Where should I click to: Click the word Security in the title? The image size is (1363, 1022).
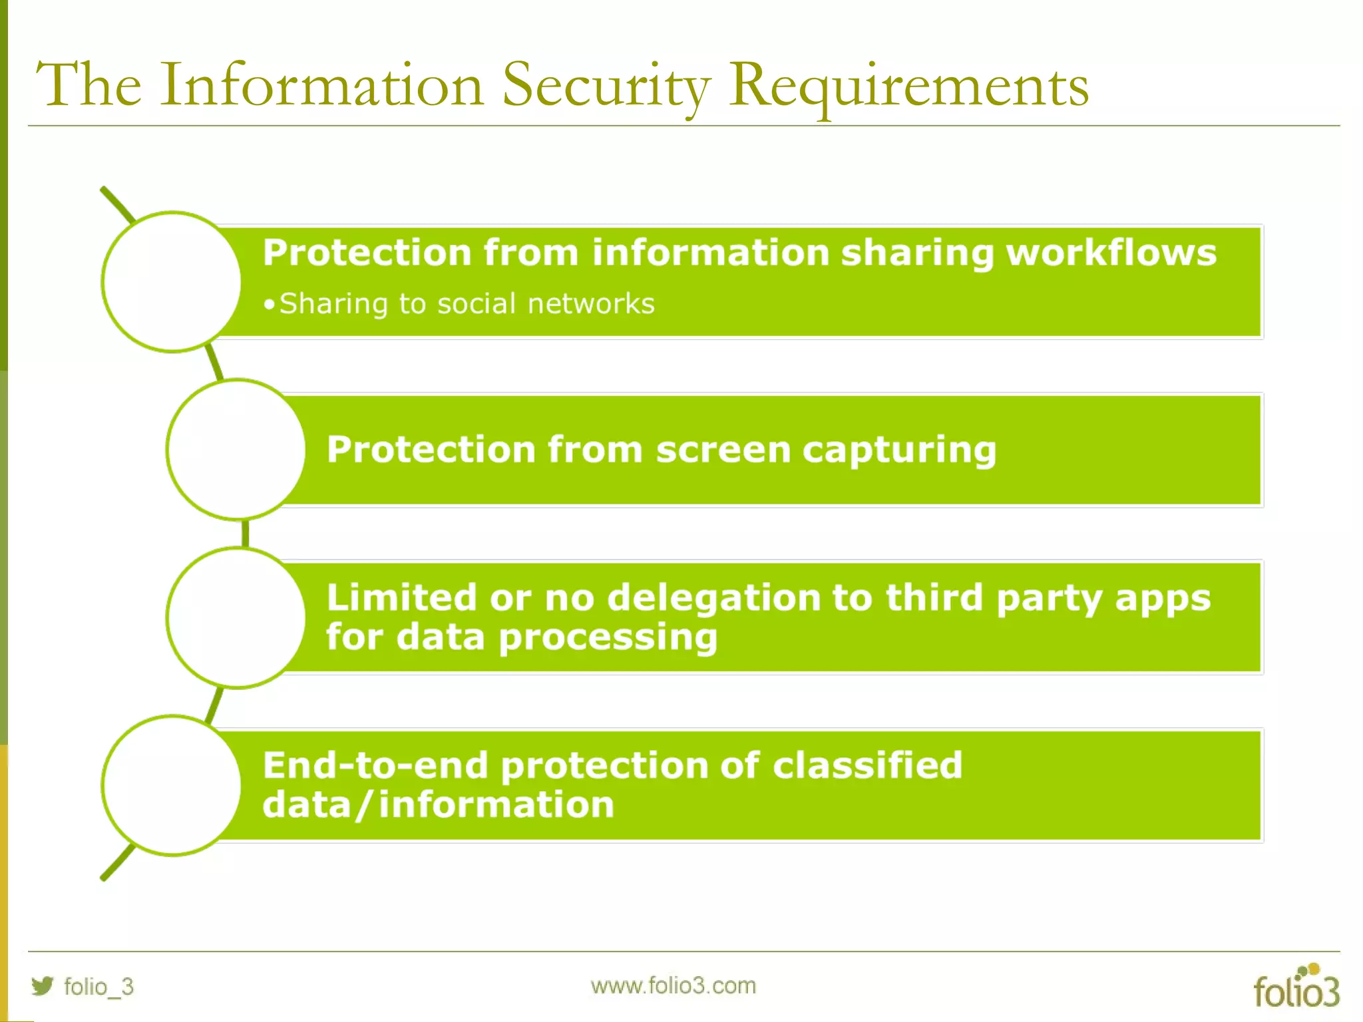pos(606,86)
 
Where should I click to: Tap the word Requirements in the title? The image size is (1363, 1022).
pos(908,86)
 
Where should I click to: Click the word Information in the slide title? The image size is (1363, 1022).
pos(321,86)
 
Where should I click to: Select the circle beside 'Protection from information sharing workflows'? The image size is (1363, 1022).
pos(172,282)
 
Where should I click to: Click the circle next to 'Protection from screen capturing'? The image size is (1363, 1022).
pos(236,450)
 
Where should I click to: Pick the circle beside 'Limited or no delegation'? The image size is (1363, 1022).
pos(236,617)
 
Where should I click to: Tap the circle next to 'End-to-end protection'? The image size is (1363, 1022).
pos(172,785)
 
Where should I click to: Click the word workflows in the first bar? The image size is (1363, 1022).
pos(1111,253)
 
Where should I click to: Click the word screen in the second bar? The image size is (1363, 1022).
pos(723,450)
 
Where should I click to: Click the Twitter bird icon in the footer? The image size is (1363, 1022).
pos(42,985)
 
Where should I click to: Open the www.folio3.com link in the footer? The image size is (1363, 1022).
pos(673,985)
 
